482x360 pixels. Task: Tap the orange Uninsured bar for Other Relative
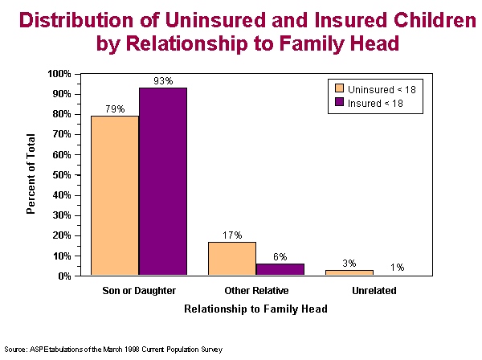coord(232,259)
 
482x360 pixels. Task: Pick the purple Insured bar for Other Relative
coord(280,269)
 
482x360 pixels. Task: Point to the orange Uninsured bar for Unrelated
coord(349,272)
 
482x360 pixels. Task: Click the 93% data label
coord(163,80)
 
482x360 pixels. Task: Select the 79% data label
coord(115,108)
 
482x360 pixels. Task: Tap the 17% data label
coord(232,235)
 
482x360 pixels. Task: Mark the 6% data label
coord(280,256)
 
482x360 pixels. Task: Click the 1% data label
coord(397,268)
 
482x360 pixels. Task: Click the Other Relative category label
coord(256,289)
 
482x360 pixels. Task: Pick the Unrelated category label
coord(374,289)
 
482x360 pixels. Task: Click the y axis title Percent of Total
coord(31,175)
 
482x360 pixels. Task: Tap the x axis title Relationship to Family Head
coord(255,309)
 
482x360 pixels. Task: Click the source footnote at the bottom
coord(112,350)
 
